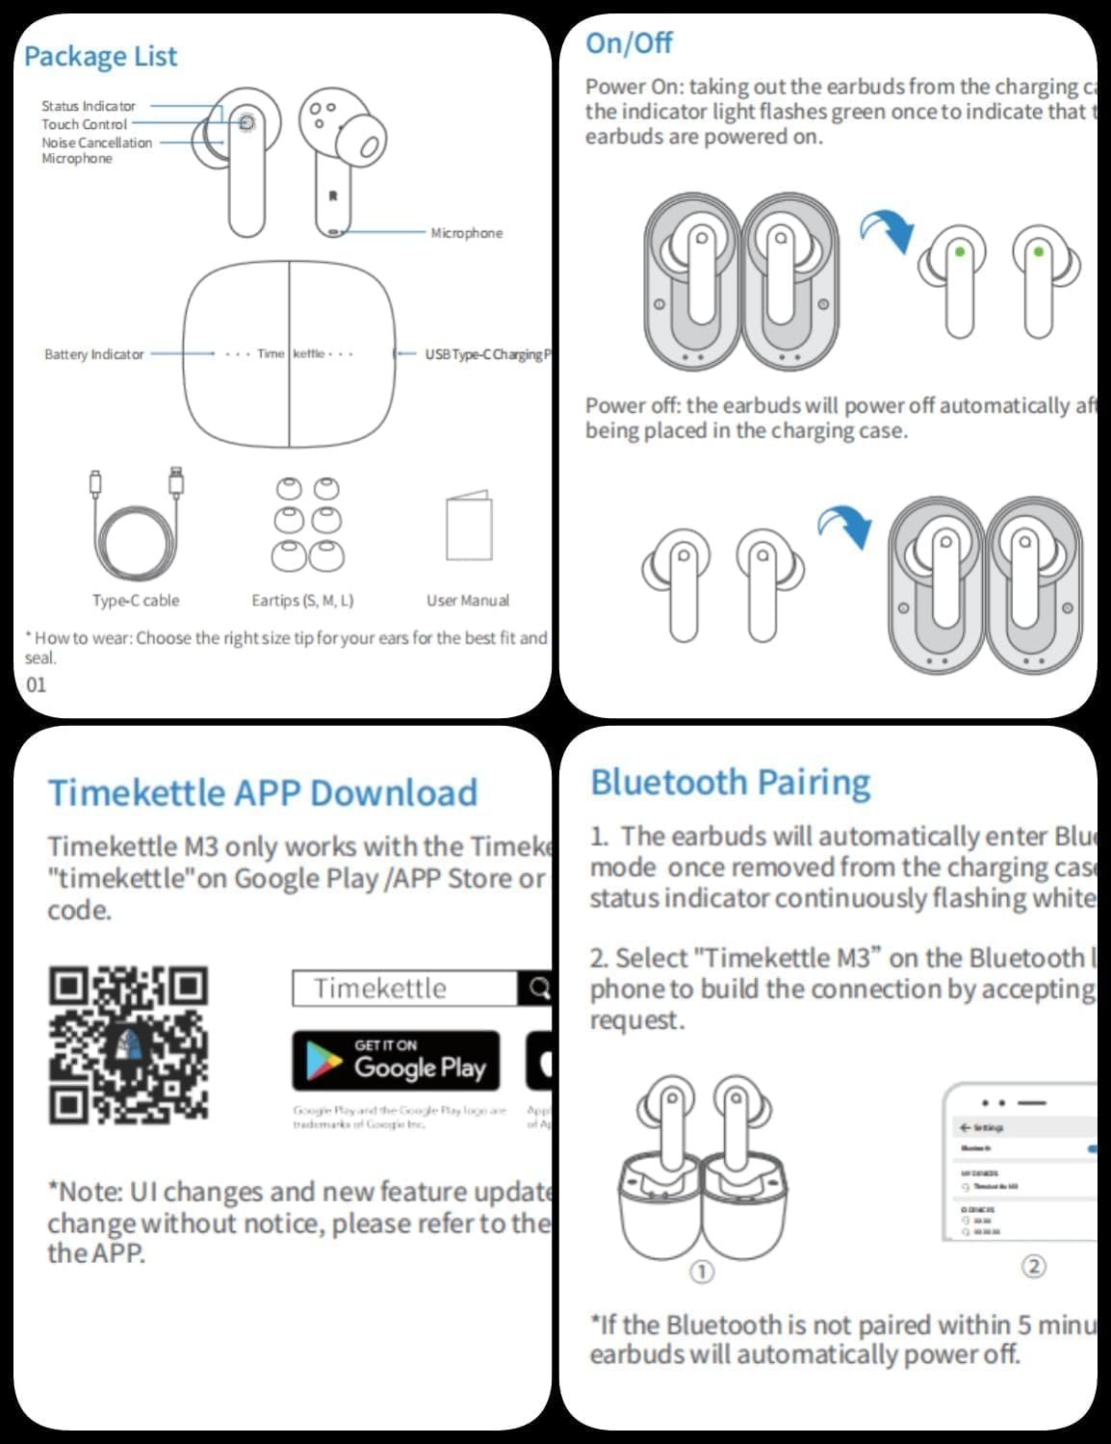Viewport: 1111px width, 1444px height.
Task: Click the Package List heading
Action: (100, 56)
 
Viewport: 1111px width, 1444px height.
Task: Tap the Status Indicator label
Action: (89, 106)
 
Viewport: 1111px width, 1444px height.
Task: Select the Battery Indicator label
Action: (93, 354)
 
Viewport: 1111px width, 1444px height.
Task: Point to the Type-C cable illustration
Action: (136, 525)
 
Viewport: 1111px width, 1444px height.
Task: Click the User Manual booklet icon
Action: (469, 527)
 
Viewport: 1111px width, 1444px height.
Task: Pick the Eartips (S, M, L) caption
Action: (302, 600)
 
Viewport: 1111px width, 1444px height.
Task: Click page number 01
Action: (37, 684)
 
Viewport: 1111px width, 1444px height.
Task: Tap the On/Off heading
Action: (629, 42)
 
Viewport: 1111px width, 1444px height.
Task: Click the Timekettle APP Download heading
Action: (263, 792)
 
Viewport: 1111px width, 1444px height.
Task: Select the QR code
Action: (128, 1044)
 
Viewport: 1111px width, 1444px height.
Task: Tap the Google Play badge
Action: (396, 1061)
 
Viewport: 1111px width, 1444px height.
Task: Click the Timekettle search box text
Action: (380, 989)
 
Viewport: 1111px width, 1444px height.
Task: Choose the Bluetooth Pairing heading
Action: (730, 783)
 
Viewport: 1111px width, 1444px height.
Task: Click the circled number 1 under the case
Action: (702, 1272)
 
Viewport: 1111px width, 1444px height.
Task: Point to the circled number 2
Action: (1033, 1266)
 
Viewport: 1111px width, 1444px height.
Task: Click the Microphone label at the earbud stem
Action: (466, 233)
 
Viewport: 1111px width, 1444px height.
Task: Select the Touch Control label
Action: (84, 124)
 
